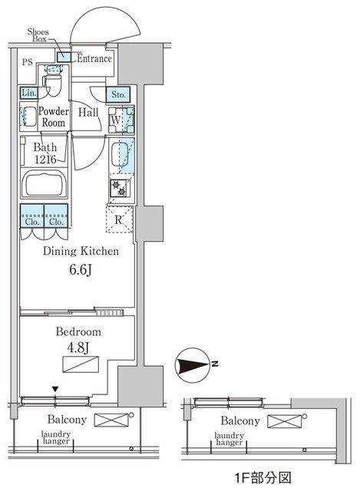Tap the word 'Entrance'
coord(94,58)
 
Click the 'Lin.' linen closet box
coord(28,94)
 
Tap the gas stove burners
coord(121,189)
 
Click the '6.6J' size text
coord(81,270)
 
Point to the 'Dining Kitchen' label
coord(80,252)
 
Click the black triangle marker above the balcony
coord(54,390)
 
